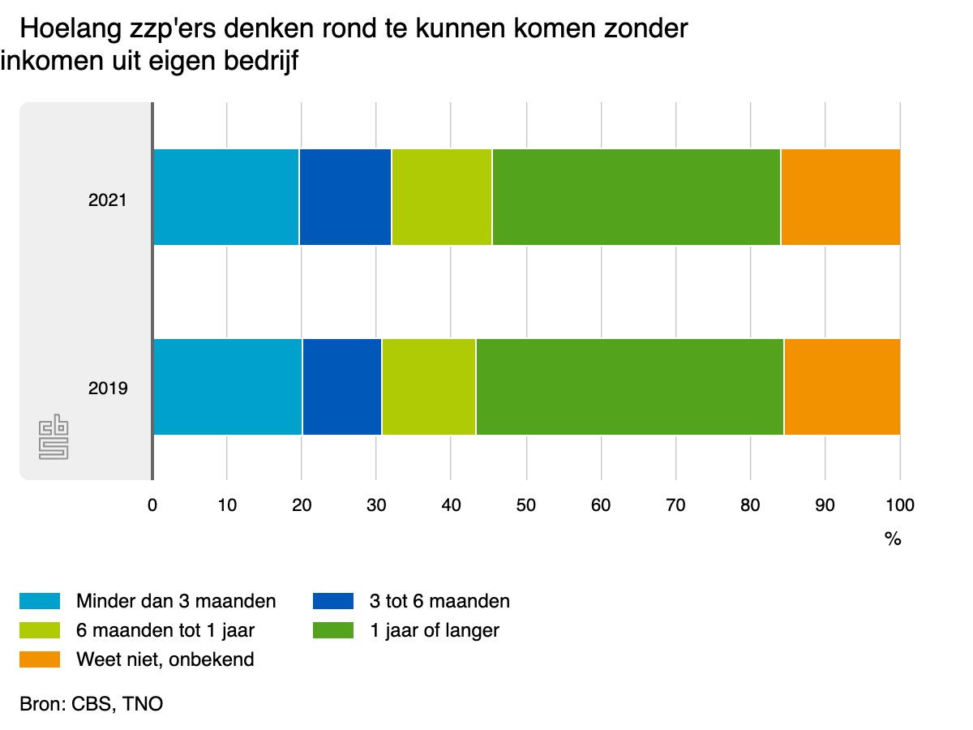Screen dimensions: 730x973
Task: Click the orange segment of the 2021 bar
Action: pos(840,197)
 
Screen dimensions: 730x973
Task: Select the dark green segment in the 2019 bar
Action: pos(629,387)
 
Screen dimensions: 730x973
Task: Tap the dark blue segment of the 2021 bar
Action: pos(345,197)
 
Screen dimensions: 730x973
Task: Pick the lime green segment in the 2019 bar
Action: pos(429,387)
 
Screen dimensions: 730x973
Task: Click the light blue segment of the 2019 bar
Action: pos(227,387)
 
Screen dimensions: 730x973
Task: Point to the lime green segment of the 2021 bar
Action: pos(442,197)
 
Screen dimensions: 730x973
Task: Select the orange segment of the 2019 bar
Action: pos(842,387)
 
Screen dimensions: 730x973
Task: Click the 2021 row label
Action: pos(108,199)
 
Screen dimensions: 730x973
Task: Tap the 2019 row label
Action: pos(108,389)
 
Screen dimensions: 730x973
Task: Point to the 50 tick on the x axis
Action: pos(526,505)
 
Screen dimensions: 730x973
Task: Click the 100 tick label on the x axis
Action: pos(899,505)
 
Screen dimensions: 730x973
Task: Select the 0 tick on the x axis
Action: pos(152,505)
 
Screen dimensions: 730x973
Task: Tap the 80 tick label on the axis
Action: pos(750,505)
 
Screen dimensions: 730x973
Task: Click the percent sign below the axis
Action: pos(893,539)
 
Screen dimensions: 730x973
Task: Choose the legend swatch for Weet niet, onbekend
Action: pos(40,659)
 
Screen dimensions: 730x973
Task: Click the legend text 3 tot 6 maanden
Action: pos(439,601)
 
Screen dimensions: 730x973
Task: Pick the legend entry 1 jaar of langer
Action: pos(435,630)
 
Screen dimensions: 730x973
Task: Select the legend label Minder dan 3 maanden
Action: pos(176,601)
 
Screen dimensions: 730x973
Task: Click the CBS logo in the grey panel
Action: pos(54,438)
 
